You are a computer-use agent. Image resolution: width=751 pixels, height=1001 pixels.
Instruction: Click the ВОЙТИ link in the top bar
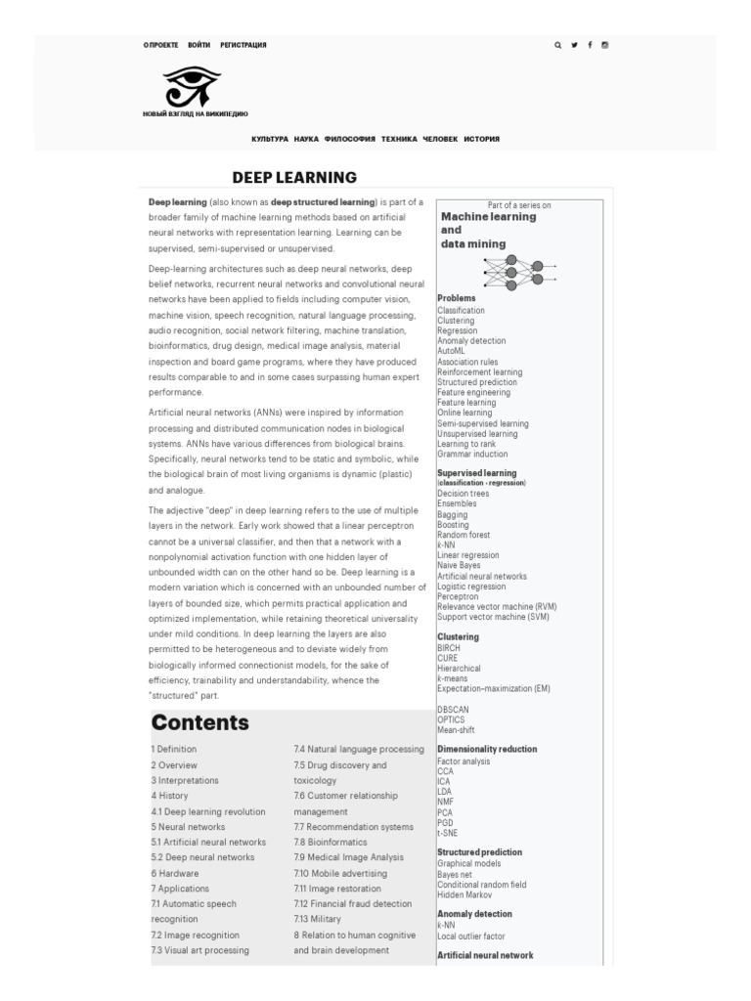pyautogui.click(x=199, y=45)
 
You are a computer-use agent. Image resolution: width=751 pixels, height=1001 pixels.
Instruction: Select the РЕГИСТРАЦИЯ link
pyautogui.click(x=243, y=45)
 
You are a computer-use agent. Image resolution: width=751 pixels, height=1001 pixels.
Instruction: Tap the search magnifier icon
pyautogui.click(x=558, y=45)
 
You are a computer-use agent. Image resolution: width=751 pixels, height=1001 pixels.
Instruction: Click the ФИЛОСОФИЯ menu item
pyautogui.click(x=350, y=139)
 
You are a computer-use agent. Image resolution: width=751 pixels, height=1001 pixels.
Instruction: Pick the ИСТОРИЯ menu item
pyautogui.click(x=481, y=139)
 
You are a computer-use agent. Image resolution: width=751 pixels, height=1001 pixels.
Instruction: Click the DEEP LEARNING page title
pyautogui.click(x=294, y=177)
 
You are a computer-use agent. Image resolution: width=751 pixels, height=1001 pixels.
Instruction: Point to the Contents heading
pyautogui.click(x=199, y=723)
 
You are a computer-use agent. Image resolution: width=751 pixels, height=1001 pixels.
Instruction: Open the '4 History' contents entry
pyautogui.click(x=169, y=796)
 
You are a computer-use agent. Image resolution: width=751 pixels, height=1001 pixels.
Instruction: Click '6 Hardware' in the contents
pyautogui.click(x=175, y=873)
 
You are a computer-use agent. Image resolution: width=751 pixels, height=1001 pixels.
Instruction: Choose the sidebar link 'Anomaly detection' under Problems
pyautogui.click(x=471, y=341)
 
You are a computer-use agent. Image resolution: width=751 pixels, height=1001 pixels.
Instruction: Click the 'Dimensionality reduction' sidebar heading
pyautogui.click(x=487, y=749)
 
